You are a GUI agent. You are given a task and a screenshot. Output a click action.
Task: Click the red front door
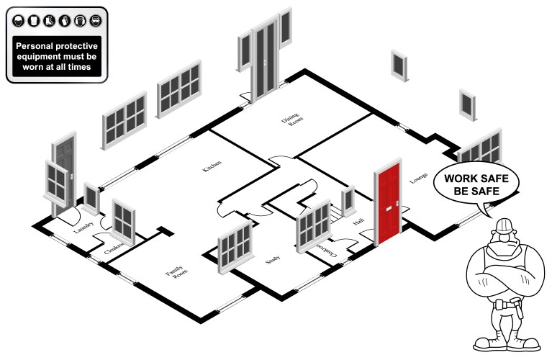point(389,205)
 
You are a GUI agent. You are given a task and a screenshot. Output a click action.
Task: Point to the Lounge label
point(420,177)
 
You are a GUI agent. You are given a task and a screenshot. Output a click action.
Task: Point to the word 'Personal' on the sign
point(37,45)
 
